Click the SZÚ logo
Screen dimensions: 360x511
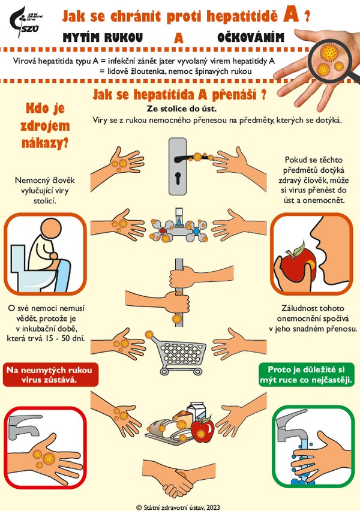(x=25, y=21)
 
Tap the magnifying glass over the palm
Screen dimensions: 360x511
(x=330, y=59)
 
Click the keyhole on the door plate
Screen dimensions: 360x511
(x=178, y=178)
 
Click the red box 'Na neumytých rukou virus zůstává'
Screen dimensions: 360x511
(x=50, y=375)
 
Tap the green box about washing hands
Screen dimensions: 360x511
(x=307, y=375)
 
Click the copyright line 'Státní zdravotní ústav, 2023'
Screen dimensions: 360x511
(x=178, y=507)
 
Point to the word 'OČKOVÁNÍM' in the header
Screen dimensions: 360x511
(x=251, y=38)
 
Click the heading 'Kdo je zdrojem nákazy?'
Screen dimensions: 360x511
(x=45, y=126)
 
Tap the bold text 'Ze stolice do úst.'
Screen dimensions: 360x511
(x=182, y=108)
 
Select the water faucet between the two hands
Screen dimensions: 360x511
(x=179, y=226)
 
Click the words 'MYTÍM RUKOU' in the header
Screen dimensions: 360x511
(x=103, y=38)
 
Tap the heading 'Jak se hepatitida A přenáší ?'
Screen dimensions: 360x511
(x=179, y=95)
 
